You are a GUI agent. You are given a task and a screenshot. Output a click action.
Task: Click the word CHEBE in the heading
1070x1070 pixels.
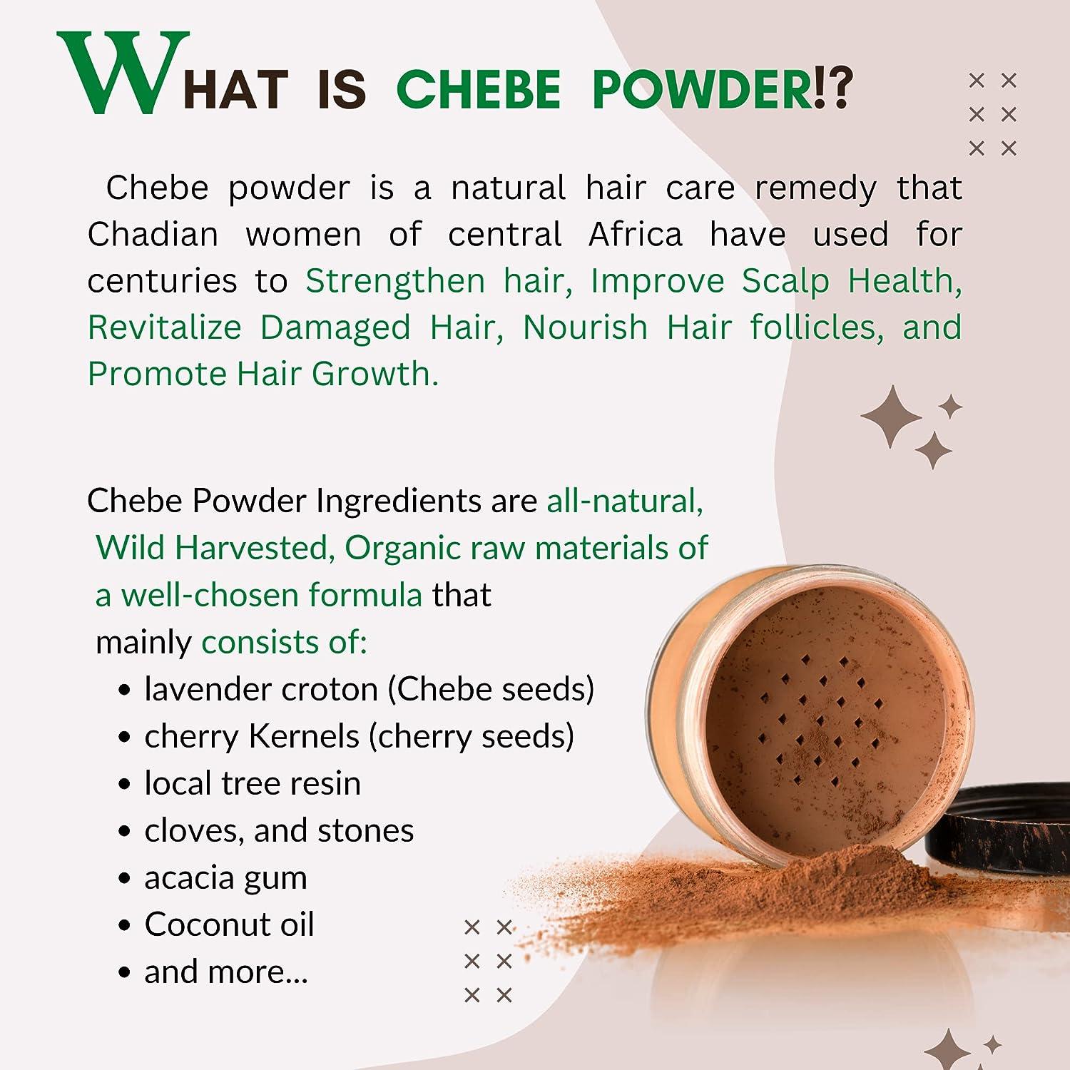tap(478, 91)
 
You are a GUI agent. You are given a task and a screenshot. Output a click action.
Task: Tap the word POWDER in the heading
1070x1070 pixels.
tap(703, 91)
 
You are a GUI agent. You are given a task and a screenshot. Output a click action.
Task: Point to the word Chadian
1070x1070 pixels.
tap(153, 235)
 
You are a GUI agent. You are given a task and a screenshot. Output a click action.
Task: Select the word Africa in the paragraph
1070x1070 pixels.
tap(635, 235)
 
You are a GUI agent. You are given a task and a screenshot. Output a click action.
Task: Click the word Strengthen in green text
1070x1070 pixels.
tap(395, 281)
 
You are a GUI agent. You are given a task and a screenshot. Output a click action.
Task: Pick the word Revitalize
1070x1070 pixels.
tap(165, 327)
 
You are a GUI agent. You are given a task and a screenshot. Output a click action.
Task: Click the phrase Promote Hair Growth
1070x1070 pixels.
tap(263, 374)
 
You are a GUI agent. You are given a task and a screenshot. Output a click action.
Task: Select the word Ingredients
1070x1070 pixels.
tap(398, 501)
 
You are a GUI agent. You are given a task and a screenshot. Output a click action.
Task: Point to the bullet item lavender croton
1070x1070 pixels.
tap(261, 689)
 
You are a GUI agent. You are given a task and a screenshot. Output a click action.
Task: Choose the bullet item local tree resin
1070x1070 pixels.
tap(253, 783)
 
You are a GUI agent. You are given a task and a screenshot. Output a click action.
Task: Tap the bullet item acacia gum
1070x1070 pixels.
tap(225, 877)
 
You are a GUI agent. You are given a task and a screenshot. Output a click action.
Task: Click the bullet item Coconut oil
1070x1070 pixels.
tap(229, 924)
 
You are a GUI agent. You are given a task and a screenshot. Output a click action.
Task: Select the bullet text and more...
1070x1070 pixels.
tap(225, 972)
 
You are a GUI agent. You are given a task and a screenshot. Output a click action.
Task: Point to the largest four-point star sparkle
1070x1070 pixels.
tap(892, 417)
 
